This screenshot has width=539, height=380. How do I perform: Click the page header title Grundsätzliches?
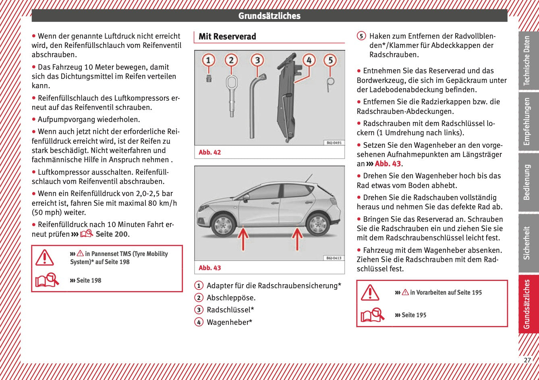[x=269, y=16]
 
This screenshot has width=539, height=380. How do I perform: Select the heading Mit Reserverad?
[x=227, y=37]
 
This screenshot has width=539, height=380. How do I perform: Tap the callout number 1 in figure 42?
[x=208, y=60]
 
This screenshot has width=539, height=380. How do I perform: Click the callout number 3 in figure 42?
[x=257, y=60]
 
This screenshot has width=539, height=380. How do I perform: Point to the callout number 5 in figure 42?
[x=330, y=60]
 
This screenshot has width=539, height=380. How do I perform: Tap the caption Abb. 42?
[x=209, y=153]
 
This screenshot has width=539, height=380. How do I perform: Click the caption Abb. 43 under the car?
[x=209, y=268]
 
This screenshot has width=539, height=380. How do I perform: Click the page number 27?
[x=527, y=360]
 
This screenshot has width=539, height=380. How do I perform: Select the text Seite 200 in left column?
[x=112, y=234]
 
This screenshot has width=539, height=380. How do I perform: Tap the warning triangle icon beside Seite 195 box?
[x=370, y=293]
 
